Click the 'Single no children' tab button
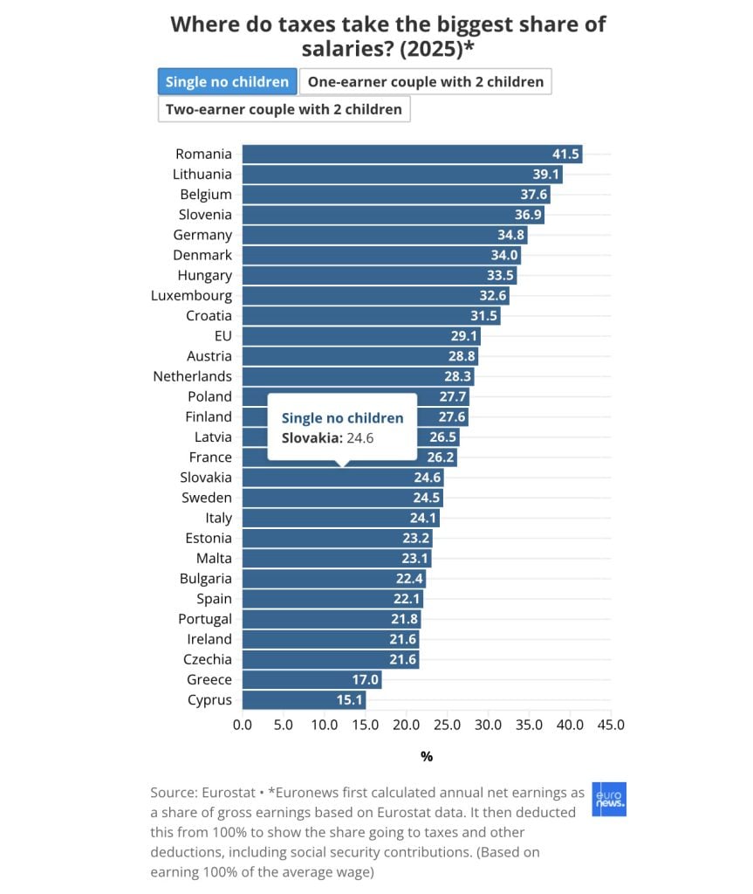coord(227,81)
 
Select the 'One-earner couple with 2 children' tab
coord(425,81)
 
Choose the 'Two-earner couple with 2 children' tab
coord(284,109)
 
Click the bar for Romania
coord(412,154)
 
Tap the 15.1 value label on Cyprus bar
coord(349,699)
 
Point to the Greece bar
coord(311,679)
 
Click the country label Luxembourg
coord(192,296)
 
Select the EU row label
coord(222,336)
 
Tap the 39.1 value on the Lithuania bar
coord(546,174)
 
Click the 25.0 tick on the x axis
coord(447,725)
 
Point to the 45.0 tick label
coord(611,725)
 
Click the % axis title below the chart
coord(427,757)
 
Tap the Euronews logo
coord(609,799)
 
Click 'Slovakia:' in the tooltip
coord(311,438)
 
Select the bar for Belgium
coord(396,195)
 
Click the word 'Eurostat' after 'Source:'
coord(229,793)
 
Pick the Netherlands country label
coord(192,376)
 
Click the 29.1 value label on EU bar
coord(464,336)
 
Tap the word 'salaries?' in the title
coord(348,49)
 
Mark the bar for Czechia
coord(331,660)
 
